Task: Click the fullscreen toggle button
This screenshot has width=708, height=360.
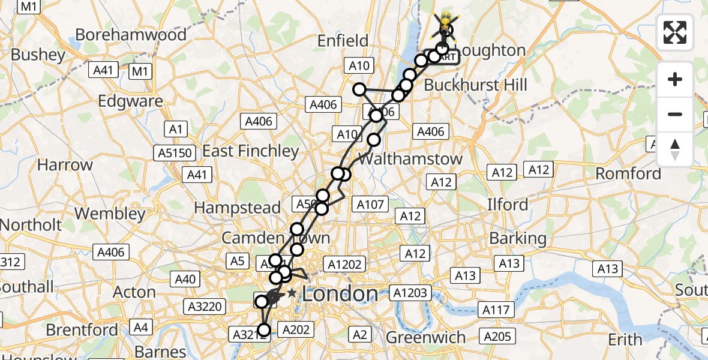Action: [x=675, y=32]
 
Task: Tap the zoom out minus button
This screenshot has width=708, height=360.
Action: [x=675, y=114]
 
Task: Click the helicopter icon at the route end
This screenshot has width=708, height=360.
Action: [x=445, y=21]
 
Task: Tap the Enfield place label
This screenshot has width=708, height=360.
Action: [x=343, y=41]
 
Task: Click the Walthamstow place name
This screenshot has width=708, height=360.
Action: [x=410, y=159]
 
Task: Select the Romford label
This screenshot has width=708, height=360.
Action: [x=628, y=174]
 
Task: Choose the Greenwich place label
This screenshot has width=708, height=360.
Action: [x=425, y=337]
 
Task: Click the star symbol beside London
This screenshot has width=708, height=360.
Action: [x=292, y=293]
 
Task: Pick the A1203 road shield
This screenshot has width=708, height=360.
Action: [x=410, y=293]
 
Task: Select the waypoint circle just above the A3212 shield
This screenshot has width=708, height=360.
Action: [x=264, y=329]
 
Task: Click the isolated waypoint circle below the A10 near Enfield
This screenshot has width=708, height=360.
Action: [x=359, y=89]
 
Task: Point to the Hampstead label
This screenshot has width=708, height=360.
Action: [x=237, y=208]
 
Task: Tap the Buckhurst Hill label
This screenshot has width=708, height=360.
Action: [x=476, y=85]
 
